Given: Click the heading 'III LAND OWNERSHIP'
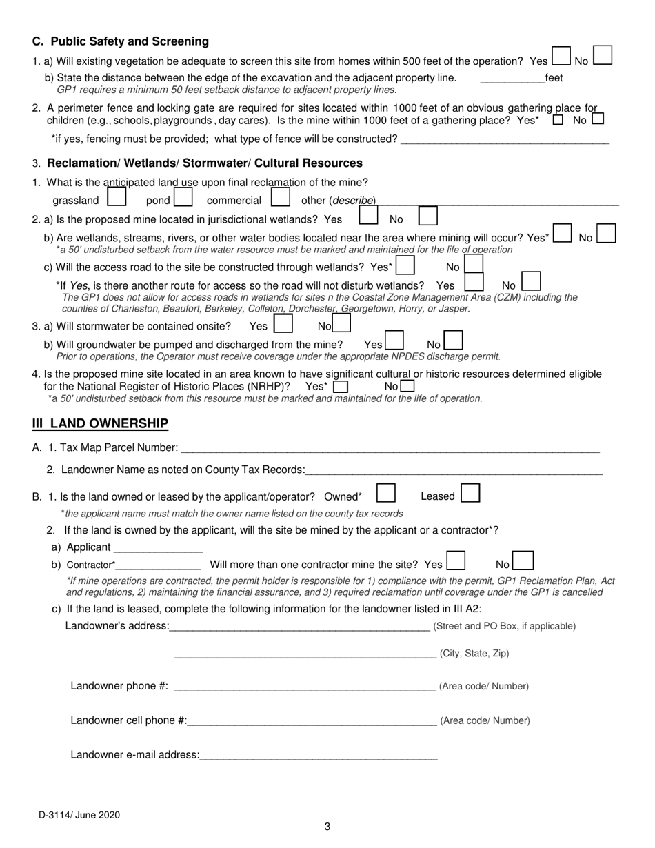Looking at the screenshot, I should [100, 423].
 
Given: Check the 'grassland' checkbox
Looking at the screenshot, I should [117, 199].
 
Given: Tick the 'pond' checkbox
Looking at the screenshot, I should [183, 199].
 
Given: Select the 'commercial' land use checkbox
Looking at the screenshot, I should [280, 199].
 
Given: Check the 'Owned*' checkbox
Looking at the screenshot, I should [386, 494].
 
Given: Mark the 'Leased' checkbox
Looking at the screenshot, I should [470, 494].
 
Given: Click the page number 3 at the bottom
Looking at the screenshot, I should [327, 827].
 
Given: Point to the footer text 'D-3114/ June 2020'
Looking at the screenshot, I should [79, 815].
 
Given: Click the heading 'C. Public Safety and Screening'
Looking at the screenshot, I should [121, 41].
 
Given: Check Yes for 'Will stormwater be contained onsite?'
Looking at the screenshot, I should [283, 324].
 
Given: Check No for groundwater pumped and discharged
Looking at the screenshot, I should [453, 341].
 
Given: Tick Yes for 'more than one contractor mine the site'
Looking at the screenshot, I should [456, 561].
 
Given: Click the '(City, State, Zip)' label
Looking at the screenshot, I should [474, 654].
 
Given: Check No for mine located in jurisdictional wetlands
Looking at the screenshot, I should [428, 216].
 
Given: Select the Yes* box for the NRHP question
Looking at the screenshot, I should [341, 387].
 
